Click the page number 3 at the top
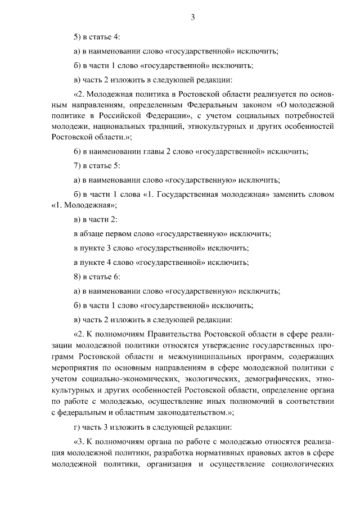pos(193,17)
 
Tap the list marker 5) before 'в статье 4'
pos(78,37)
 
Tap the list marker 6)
pos(78,151)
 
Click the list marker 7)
pos(78,166)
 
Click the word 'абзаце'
pos(96,233)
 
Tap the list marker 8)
pos(78,277)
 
